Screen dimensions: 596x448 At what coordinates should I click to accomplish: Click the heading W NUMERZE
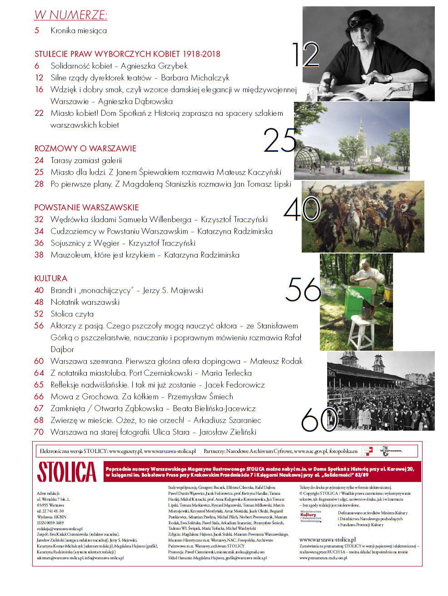[x=70, y=15]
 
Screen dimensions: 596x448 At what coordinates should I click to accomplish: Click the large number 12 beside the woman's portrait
[x=305, y=55]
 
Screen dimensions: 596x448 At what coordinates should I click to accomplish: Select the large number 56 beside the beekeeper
[x=303, y=289]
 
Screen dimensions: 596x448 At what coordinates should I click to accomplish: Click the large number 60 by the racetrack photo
[x=319, y=419]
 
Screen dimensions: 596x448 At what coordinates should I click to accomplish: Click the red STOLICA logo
[x=67, y=472]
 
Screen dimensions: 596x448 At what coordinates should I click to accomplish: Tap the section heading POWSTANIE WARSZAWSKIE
[x=86, y=208]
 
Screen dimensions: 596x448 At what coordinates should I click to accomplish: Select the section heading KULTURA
[x=51, y=278]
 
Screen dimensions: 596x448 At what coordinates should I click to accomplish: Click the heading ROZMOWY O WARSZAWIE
[x=85, y=149]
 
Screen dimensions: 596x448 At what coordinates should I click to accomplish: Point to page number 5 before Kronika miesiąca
[x=37, y=31]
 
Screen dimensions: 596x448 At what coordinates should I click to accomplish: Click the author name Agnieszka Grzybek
[x=154, y=66]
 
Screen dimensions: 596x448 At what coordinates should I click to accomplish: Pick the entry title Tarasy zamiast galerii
[x=86, y=160]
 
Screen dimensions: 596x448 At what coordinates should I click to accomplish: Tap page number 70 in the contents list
[x=39, y=432]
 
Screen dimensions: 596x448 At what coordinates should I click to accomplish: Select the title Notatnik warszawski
[x=85, y=302]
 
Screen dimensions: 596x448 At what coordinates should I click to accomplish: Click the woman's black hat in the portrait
[x=359, y=22]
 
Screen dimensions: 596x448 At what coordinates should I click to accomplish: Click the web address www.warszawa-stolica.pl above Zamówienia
[x=327, y=539]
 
